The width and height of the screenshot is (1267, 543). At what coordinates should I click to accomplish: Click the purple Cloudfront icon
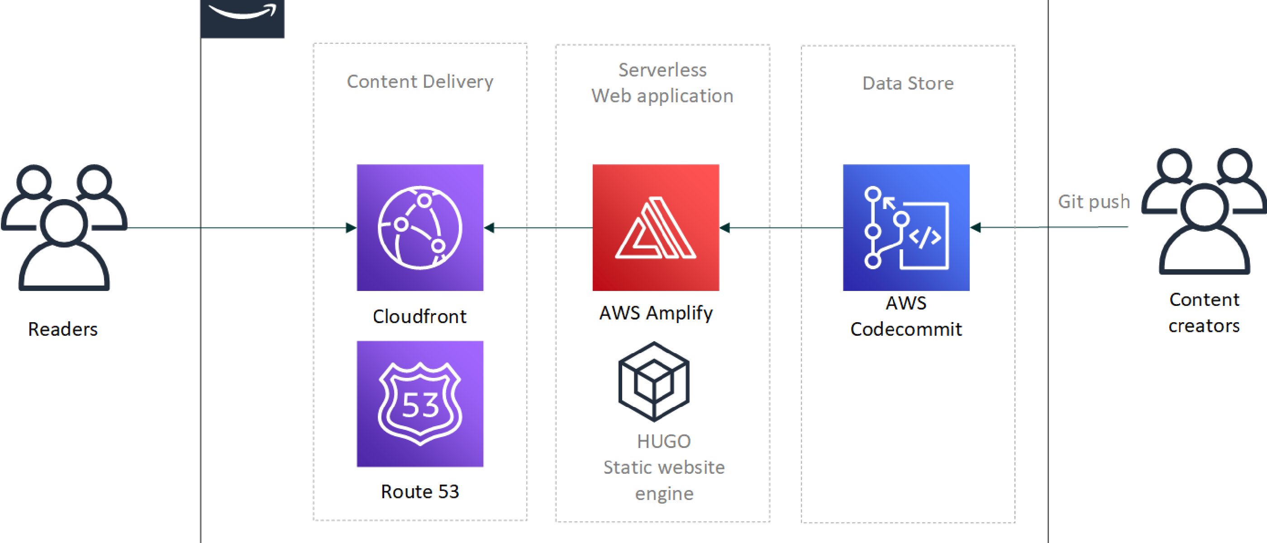419,227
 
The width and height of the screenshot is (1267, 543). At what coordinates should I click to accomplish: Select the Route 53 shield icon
419,404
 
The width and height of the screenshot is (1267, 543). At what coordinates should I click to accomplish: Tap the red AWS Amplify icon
655,227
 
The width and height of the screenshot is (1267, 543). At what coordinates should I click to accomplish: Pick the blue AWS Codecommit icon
906,227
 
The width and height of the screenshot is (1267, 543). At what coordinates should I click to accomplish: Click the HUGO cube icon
654,381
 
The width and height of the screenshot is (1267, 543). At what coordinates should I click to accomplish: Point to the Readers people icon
64,227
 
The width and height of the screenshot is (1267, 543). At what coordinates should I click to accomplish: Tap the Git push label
1094,202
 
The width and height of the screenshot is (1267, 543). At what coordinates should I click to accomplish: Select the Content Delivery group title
419,81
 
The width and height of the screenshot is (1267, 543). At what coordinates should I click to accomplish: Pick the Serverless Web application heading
662,83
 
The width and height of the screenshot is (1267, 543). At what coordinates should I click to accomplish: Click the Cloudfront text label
419,316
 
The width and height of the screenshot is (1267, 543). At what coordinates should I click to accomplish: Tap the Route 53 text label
419,491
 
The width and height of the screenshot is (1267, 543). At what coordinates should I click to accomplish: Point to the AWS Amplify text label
655,313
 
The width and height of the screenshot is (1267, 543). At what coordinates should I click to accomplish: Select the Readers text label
63,329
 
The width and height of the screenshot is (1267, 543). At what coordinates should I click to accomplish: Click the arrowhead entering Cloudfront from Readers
351,228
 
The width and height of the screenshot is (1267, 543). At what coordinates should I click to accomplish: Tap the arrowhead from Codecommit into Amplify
725,228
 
